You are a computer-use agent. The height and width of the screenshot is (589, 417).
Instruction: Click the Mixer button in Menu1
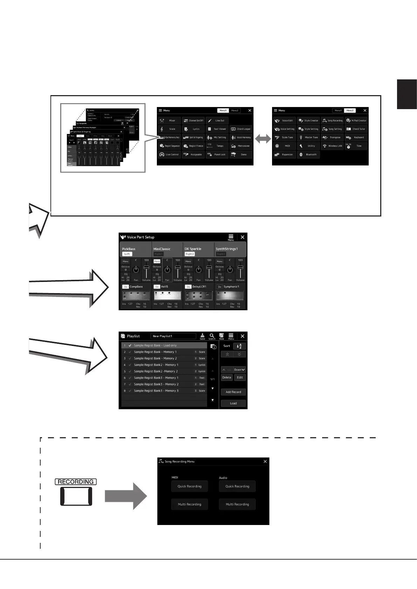pyautogui.click(x=169, y=121)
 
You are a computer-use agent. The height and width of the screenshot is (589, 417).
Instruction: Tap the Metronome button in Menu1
pyautogui.click(x=241, y=146)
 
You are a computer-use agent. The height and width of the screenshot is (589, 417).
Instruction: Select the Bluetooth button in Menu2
pyautogui.click(x=308, y=155)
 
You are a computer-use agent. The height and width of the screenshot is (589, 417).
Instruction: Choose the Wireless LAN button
pyautogui.click(x=333, y=146)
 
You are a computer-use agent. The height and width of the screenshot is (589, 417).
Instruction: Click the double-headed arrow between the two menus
pyautogui.click(x=263, y=139)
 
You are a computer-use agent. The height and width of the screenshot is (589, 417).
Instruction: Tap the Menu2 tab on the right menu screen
pyautogui.click(x=350, y=111)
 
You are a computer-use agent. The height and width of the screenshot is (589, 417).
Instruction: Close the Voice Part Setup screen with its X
pyautogui.click(x=242, y=237)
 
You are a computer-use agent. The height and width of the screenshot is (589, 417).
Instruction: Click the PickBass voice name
pyautogui.click(x=129, y=249)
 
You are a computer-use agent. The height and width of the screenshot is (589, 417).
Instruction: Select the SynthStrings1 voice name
pyautogui.click(x=227, y=249)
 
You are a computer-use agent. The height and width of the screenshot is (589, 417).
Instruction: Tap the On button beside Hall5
pyautogui.click(x=157, y=287)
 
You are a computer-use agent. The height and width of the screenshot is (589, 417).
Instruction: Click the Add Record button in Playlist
pyautogui.click(x=233, y=392)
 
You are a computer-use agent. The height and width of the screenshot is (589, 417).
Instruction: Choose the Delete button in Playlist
pyautogui.click(x=227, y=377)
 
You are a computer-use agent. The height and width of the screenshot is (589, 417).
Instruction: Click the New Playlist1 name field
pyautogui.click(x=173, y=336)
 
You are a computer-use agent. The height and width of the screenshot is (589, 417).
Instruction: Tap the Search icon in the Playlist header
pyautogui.click(x=212, y=336)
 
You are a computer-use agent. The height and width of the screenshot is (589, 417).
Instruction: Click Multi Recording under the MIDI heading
pyautogui.click(x=189, y=504)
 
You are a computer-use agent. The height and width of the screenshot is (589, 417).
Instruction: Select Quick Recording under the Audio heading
pyautogui.click(x=237, y=486)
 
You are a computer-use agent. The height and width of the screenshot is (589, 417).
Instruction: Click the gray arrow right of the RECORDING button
pyautogui.click(x=126, y=496)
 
